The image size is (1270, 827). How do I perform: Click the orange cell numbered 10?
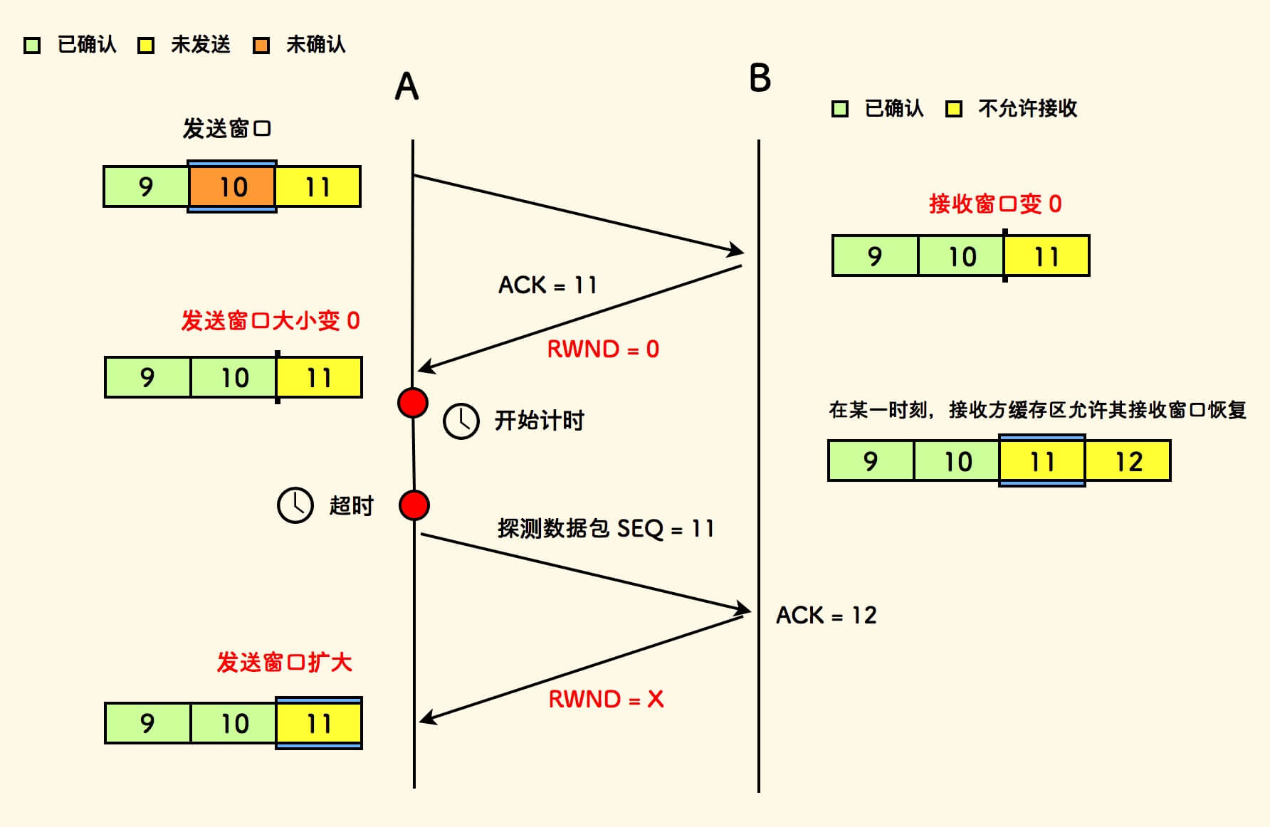click(232, 186)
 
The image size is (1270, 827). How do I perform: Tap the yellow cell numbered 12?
click(1128, 461)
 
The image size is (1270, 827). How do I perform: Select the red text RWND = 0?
click(603, 349)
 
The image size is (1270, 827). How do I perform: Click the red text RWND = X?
click(606, 699)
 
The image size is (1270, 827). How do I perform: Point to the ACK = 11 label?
click(547, 285)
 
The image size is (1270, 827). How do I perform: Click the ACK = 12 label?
click(826, 615)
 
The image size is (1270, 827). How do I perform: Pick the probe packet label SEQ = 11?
click(606, 528)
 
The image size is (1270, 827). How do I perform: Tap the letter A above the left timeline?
click(406, 87)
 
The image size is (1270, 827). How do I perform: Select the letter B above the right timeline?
click(760, 78)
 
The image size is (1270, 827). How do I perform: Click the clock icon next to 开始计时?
click(461, 421)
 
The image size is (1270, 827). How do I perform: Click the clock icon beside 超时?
click(295, 505)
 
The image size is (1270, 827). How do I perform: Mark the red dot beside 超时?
click(414, 505)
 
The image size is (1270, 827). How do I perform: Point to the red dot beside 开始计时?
click(413, 403)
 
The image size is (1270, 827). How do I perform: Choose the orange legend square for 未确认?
click(261, 46)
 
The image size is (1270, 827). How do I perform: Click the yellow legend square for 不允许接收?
click(954, 109)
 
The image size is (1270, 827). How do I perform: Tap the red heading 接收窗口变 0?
click(995, 204)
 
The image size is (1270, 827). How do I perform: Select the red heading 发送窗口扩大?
click(284, 663)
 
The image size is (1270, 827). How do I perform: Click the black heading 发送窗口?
click(226, 129)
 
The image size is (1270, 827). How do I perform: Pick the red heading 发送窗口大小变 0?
click(271, 321)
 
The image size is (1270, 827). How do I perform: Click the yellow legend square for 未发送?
click(146, 46)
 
